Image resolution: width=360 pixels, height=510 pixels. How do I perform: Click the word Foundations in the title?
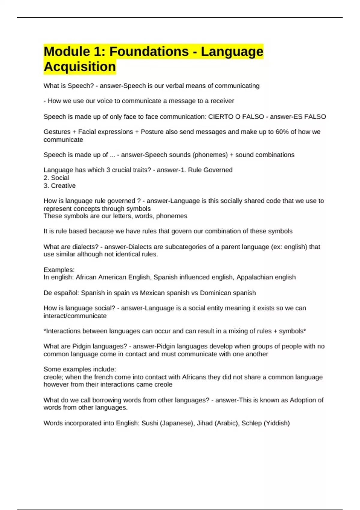(x=149, y=51)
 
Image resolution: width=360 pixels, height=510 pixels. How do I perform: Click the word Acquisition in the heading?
(x=80, y=67)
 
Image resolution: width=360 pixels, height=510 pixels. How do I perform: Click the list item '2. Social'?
(x=56, y=178)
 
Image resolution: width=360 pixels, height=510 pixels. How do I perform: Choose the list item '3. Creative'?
(x=60, y=186)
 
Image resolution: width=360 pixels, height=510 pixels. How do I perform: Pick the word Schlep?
(x=251, y=423)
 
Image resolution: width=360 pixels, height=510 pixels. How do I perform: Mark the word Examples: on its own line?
(x=59, y=270)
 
